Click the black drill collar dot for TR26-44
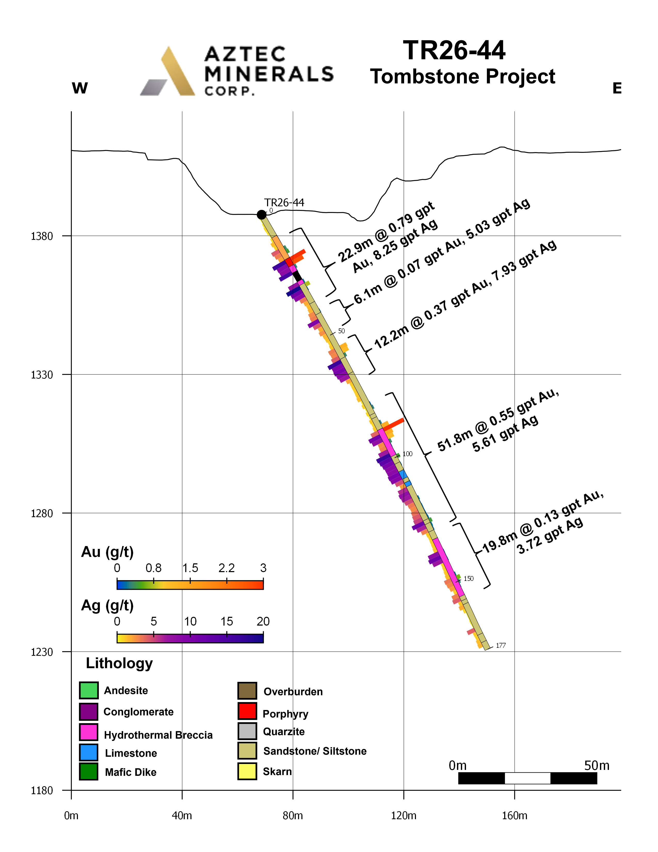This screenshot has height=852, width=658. [x=262, y=215]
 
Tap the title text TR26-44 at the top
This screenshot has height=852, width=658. [x=454, y=51]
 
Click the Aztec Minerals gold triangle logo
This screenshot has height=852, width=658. [x=168, y=71]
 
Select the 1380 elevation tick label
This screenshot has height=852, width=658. [x=42, y=236]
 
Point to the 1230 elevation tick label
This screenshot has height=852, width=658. [x=42, y=652]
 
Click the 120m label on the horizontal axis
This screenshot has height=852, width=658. [x=404, y=816]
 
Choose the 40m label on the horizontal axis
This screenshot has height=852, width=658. [x=182, y=816]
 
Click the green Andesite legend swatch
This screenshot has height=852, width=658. [x=89, y=690]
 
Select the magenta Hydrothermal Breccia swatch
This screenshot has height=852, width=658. [x=89, y=732]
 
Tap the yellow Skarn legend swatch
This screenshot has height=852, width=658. [x=247, y=771]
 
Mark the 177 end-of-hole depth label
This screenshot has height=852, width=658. [x=501, y=646]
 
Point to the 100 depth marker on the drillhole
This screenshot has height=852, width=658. [x=407, y=454]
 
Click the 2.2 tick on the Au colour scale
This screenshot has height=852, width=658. [x=227, y=568]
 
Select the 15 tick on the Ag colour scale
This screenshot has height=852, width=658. [x=227, y=621]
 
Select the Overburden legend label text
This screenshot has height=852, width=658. [x=293, y=692]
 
